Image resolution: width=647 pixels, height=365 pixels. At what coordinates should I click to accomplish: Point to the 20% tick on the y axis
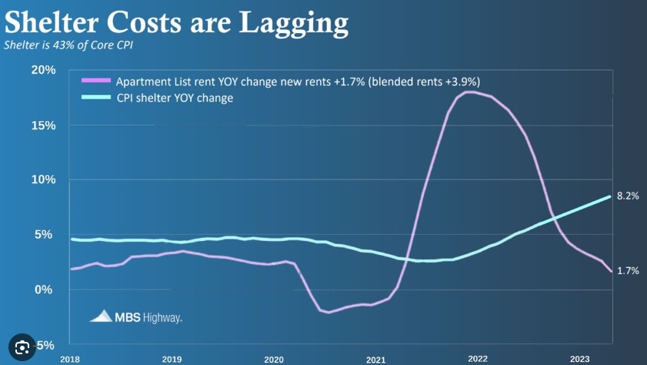click(x=43, y=70)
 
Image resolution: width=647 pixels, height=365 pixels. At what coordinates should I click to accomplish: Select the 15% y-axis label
click(x=43, y=125)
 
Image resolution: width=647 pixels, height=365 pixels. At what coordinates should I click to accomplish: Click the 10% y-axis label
click(x=43, y=179)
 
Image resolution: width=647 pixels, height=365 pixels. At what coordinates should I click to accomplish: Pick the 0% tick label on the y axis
click(x=47, y=290)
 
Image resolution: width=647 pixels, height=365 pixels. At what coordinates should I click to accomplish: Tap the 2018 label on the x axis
click(x=70, y=359)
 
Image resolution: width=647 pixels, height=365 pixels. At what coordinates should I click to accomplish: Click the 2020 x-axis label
click(x=273, y=359)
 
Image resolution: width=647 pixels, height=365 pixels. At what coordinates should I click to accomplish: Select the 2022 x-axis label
click(x=478, y=359)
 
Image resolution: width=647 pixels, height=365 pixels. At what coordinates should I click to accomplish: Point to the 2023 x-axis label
click(x=579, y=359)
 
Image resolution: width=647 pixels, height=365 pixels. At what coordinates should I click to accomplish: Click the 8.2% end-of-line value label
click(x=628, y=196)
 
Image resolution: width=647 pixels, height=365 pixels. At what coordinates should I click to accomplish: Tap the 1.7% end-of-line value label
click(x=628, y=271)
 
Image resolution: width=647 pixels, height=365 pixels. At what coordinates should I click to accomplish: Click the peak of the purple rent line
click(x=469, y=92)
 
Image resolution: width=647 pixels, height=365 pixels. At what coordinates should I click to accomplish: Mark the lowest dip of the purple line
click(x=329, y=312)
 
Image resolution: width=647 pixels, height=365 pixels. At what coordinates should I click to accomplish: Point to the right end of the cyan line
click(x=610, y=196)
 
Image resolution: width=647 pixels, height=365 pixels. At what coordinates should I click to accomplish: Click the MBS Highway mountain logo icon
click(x=102, y=315)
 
